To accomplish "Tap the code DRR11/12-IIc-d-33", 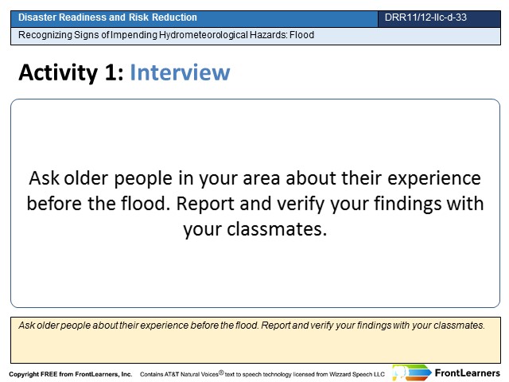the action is pos(425,18).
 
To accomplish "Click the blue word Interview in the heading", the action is pos(180,72).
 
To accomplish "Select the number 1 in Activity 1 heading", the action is pos(111,72).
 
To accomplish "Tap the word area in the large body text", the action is pos(262,178).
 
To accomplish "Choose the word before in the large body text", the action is pos(55,204).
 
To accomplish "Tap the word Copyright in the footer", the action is pos(24,374).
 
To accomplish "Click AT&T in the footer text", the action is pos(172,374).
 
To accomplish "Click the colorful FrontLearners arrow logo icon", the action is pos(412,372).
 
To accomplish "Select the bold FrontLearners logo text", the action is pos(468,373).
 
